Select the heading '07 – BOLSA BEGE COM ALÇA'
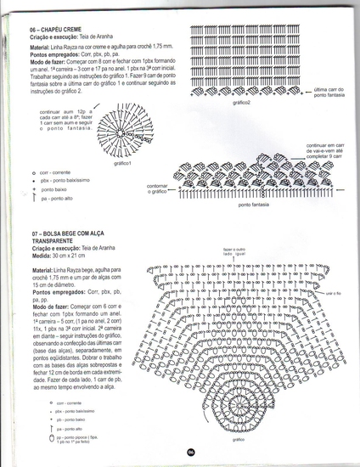coord(73,232)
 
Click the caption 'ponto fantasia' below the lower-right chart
coord(254,205)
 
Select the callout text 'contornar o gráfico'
coord(160,190)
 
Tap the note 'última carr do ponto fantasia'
coord(329,92)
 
